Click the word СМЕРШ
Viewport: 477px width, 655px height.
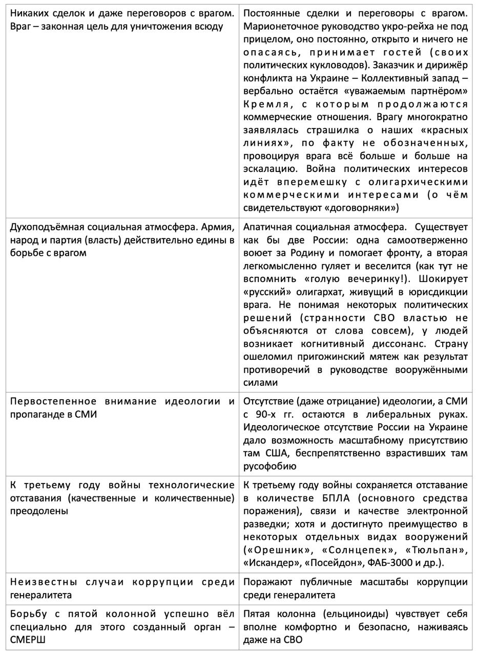click(x=28, y=640)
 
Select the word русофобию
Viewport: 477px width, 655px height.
click(x=269, y=466)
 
